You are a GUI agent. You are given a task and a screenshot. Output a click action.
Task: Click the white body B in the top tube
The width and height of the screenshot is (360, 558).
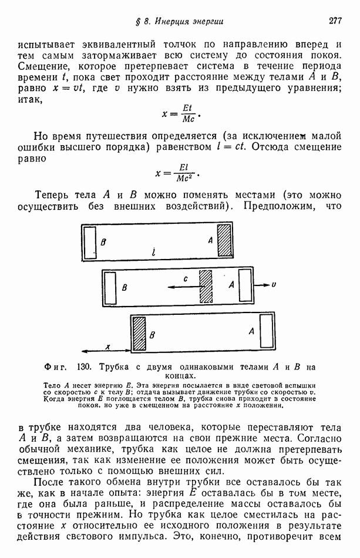[90, 241]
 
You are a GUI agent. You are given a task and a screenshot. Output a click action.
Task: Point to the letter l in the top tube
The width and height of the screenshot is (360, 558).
[153, 253]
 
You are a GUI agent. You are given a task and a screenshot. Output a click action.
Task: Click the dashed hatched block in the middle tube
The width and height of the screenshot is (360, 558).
[206, 286]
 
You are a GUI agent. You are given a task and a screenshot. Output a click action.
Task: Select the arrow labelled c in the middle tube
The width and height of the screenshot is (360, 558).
[182, 287]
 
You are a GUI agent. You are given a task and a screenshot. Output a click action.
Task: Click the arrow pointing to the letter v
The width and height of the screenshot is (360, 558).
[263, 284]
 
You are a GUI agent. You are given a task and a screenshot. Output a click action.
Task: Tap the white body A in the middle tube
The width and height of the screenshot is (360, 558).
[244, 285]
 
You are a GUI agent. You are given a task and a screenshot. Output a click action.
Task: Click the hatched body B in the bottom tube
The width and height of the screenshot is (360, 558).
[139, 334]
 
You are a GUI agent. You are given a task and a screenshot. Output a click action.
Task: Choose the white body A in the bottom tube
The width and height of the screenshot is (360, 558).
[267, 332]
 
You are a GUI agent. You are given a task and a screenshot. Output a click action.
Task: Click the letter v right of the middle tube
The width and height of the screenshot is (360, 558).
[274, 284]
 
